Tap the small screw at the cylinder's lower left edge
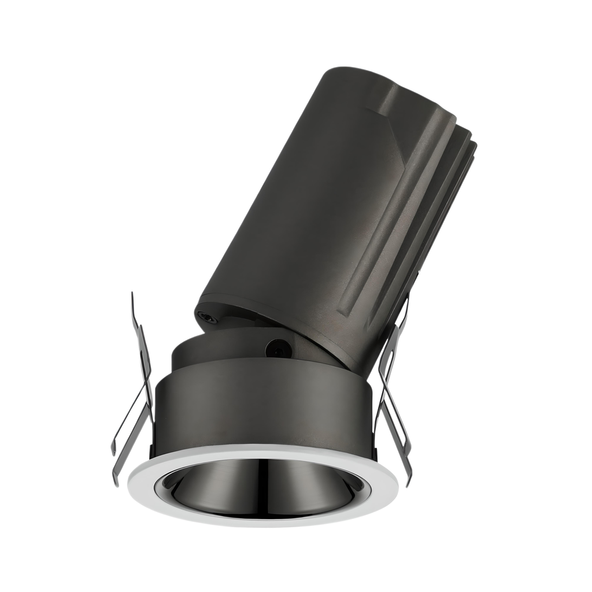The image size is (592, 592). click(206, 316)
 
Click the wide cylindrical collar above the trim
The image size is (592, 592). click(260, 405)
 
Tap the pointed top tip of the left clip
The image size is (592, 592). click(132, 295)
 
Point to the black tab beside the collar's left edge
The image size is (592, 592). click(152, 451)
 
